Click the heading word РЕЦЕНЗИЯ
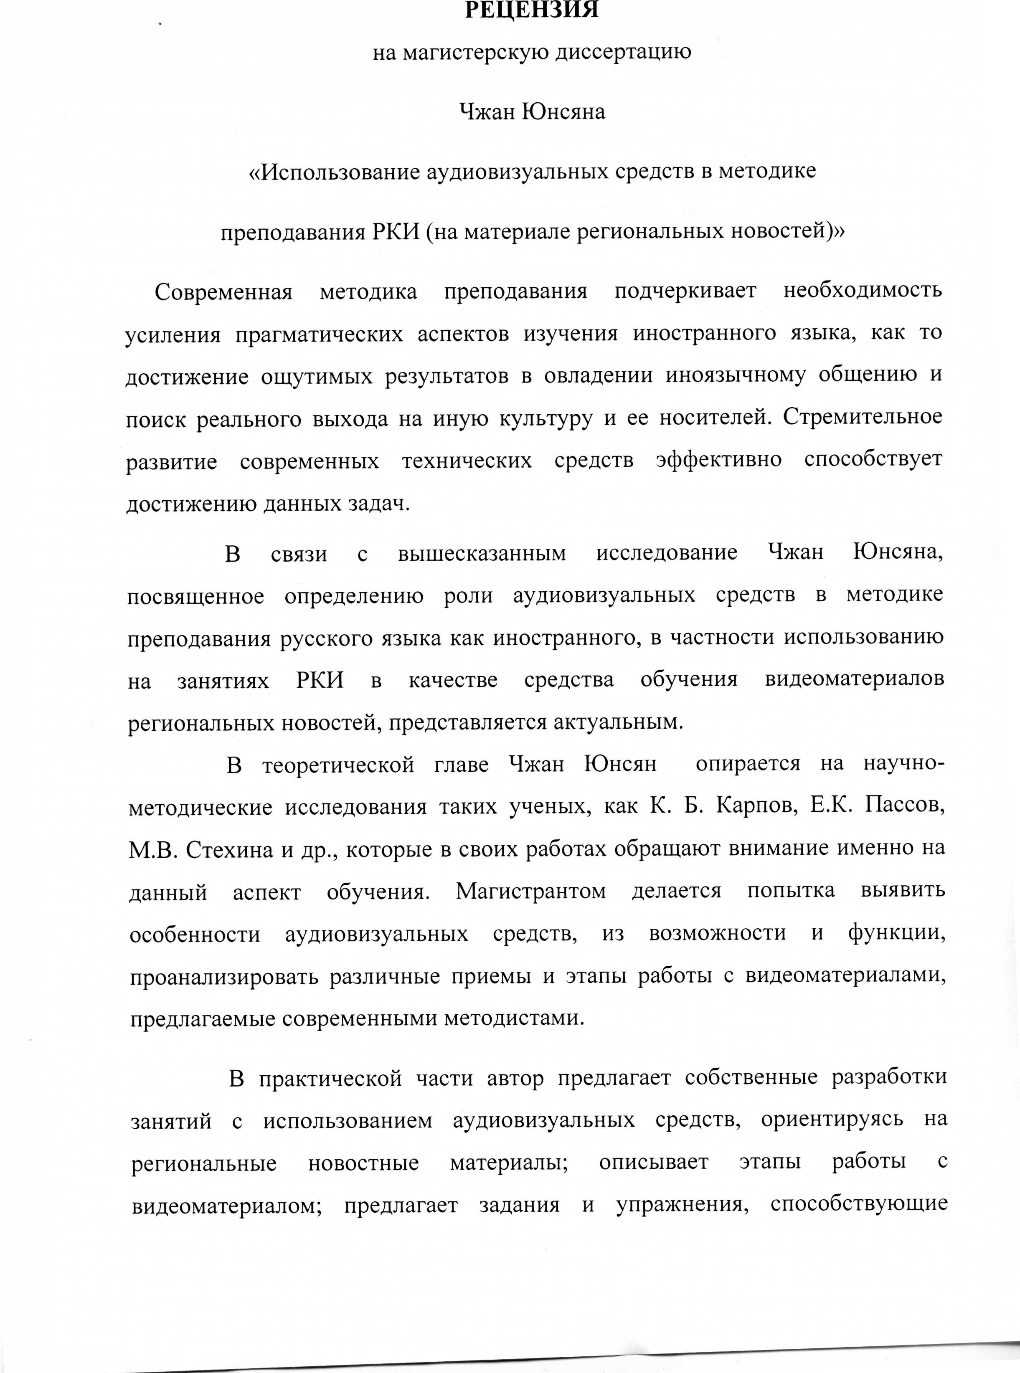531,10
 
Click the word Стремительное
863,417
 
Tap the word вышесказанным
482,553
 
